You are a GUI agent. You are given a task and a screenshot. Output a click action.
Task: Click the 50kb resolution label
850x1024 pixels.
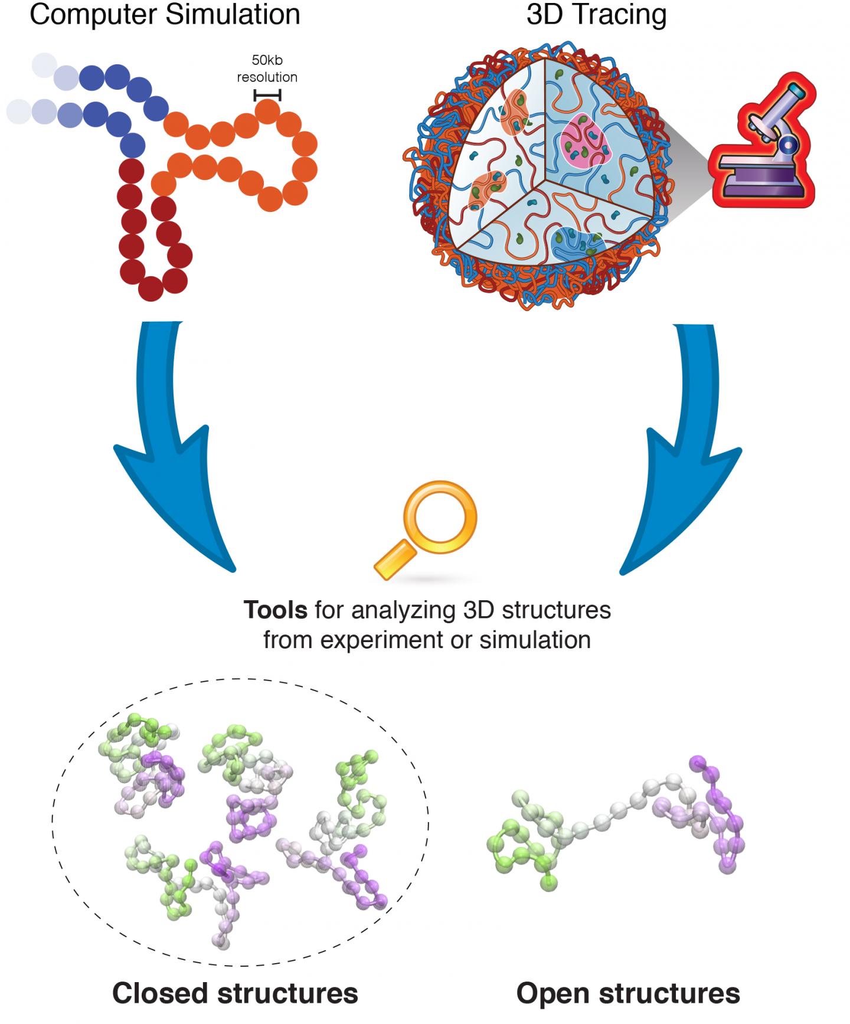(x=267, y=68)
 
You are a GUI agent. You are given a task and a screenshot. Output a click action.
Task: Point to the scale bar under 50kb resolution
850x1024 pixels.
(x=267, y=95)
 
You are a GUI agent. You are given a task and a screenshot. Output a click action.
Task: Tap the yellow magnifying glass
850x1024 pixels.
(x=426, y=528)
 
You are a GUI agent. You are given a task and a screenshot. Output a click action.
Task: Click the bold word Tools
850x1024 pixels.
(x=275, y=610)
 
